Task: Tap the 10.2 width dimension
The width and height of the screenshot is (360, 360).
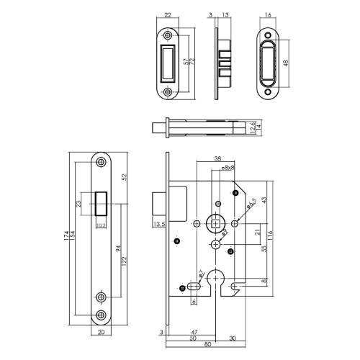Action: click(101, 225)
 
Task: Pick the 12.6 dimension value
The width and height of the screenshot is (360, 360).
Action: click(251, 128)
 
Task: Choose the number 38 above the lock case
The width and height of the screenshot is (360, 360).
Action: click(216, 160)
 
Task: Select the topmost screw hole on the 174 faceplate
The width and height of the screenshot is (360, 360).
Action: click(101, 163)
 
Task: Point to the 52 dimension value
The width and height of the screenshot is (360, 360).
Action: click(125, 177)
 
